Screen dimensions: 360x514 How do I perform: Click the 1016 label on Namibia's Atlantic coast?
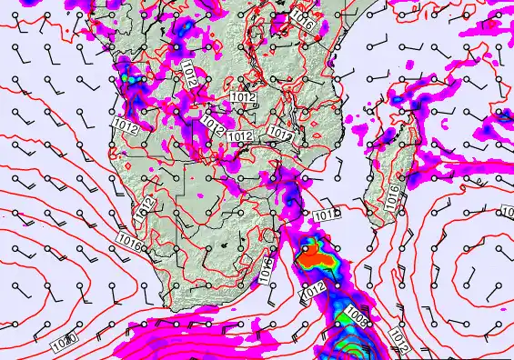(127, 243)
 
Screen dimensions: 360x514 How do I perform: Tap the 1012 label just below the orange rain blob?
(314, 290)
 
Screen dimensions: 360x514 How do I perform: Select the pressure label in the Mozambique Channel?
(326, 215)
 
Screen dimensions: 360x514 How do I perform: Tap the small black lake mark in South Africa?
(224, 246)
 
